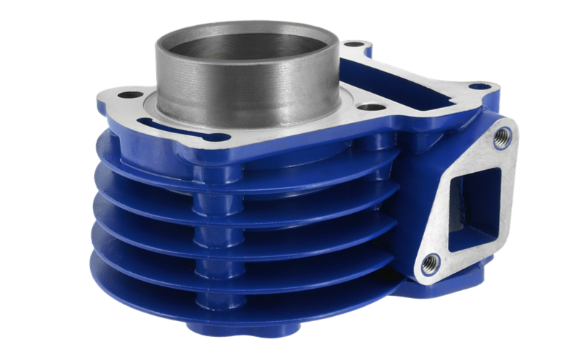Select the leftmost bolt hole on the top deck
(x=130, y=94)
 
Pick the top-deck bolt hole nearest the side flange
(x=479, y=86)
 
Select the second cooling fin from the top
(x=144, y=189)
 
